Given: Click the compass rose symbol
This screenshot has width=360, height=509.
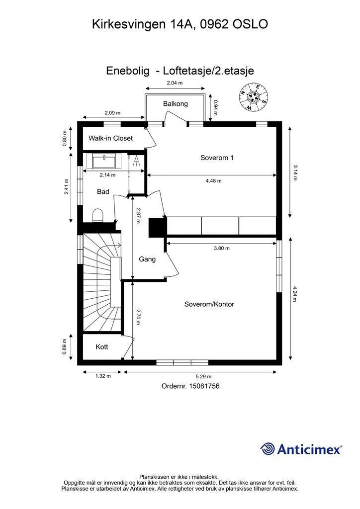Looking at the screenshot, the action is coord(254,96).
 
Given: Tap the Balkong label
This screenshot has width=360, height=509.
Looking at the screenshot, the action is coord(176,104).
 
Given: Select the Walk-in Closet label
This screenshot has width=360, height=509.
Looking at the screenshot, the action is coord(111,138).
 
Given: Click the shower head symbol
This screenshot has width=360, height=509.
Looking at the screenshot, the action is coord(137,161).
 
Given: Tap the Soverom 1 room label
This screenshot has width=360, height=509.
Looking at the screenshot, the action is coord(217,158).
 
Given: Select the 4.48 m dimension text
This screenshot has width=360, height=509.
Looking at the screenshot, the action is coord(214,181).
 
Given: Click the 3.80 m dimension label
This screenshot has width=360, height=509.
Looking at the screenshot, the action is coord(222,248).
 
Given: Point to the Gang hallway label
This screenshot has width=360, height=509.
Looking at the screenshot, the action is coord(147,259).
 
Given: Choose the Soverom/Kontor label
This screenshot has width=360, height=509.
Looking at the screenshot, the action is coord(209,304).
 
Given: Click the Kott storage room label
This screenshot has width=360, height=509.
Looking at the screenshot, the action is coord(101,347).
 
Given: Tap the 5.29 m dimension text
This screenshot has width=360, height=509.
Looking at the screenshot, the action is coord(203,377).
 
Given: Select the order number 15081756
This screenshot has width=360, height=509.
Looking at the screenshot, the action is coord(204,386).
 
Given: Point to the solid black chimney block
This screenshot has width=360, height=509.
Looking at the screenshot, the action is coord(158,228).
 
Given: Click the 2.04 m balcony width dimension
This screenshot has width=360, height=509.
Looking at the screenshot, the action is coord(175,83).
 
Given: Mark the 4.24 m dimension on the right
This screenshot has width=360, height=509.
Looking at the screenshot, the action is coord(295,294).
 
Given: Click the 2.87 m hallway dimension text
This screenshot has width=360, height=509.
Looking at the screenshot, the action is coord(138,216).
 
